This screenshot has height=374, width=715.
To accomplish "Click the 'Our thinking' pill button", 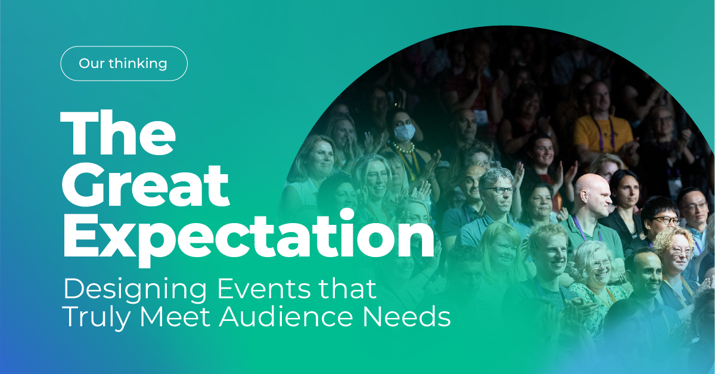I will [124, 63].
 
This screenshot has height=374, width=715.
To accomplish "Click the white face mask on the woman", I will [404, 132].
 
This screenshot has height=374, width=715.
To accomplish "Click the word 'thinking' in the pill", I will [141, 63].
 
